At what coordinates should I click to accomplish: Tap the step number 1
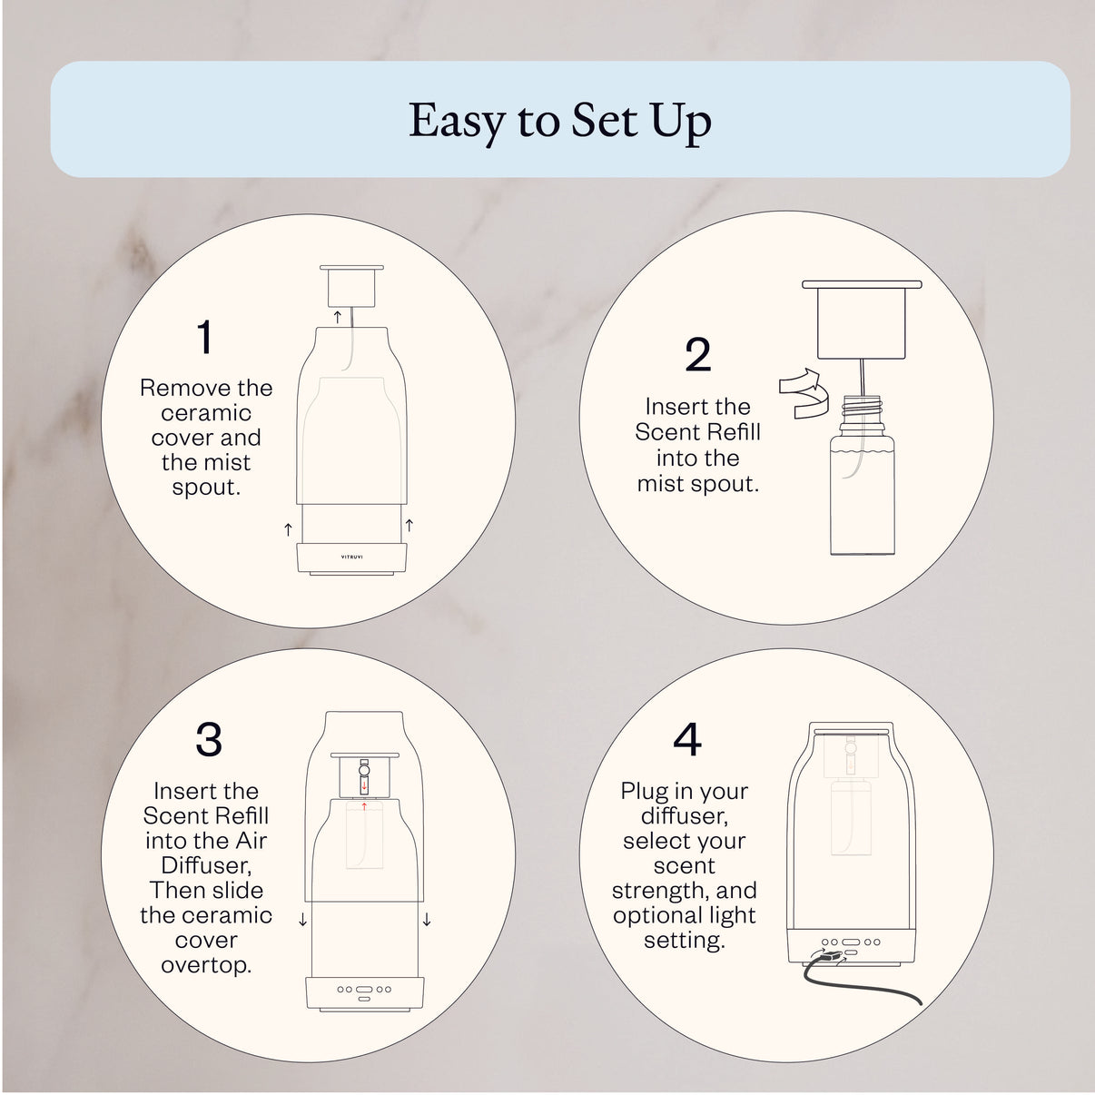pyautogui.click(x=205, y=338)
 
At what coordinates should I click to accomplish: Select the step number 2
pyautogui.click(x=697, y=355)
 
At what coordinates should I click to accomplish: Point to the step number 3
pyautogui.click(x=209, y=741)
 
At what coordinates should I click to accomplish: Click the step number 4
pyautogui.click(x=687, y=741)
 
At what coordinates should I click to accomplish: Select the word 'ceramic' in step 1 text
pyautogui.click(x=206, y=413)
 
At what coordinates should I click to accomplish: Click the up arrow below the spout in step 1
pyautogui.click(x=338, y=315)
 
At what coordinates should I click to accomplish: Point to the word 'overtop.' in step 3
pyautogui.click(x=206, y=965)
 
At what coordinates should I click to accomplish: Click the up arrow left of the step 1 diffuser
pyautogui.click(x=288, y=528)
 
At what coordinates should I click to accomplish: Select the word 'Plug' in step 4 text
pyautogui.click(x=643, y=791)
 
